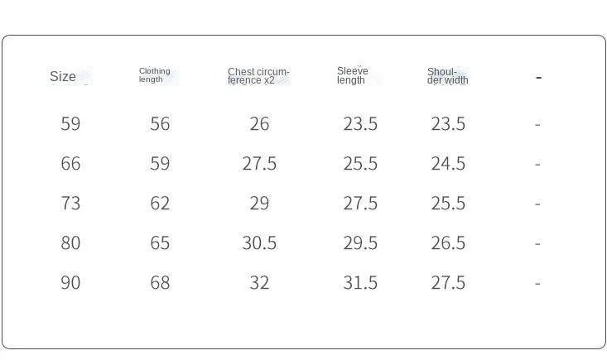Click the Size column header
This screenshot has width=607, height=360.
pyautogui.click(x=63, y=76)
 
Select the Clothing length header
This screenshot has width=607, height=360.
pyautogui.click(x=155, y=75)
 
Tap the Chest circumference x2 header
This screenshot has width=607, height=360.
pyautogui.click(x=258, y=76)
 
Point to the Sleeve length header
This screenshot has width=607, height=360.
pyautogui.click(x=352, y=75)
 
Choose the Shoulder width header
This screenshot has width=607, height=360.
pyautogui.click(x=447, y=76)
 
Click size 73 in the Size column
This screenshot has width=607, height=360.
pyautogui.click(x=70, y=203)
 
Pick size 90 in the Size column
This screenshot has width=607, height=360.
pyautogui.click(x=70, y=282)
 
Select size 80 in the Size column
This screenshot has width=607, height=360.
pyautogui.click(x=70, y=242)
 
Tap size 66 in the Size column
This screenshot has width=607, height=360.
pyautogui.click(x=70, y=163)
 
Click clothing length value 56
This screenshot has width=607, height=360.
pyautogui.click(x=160, y=124)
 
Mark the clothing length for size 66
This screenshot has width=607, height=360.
pyautogui.click(x=160, y=163)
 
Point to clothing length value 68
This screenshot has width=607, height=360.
pyautogui.click(x=160, y=282)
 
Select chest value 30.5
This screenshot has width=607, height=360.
pyautogui.click(x=259, y=242)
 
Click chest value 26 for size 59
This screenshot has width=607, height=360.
pyautogui.click(x=259, y=124)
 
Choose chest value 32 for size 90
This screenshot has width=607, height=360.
pyautogui.click(x=259, y=282)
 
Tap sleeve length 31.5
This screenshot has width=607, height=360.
pyautogui.click(x=360, y=282)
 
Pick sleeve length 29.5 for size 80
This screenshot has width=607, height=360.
pyautogui.click(x=360, y=242)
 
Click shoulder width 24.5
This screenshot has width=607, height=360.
pyautogui.click(x=448, y=163)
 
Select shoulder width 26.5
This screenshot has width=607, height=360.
pyautogui.click(x=448, y=242)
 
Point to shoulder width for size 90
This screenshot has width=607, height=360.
pyautogui.click(x=448, y=282)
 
